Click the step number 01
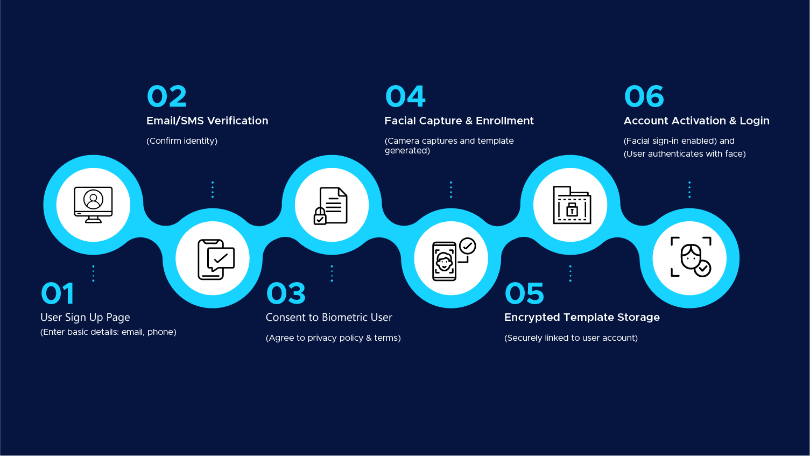point(58,293)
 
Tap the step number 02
point(167,96)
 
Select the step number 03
point(286,293)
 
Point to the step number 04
point(405,96)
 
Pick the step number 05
point(524,293)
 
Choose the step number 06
point(644,96)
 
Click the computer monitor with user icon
point(93,205)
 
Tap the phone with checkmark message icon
point(216,259)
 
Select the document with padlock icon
point(330,206)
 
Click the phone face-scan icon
point(454,259)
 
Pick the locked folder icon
point(572,205)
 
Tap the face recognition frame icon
point(691,257)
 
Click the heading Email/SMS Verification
point(207,121)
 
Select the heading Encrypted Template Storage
point(582,318)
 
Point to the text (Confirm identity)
point(182,141)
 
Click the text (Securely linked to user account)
point(571,338)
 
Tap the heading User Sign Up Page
point(85,318)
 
